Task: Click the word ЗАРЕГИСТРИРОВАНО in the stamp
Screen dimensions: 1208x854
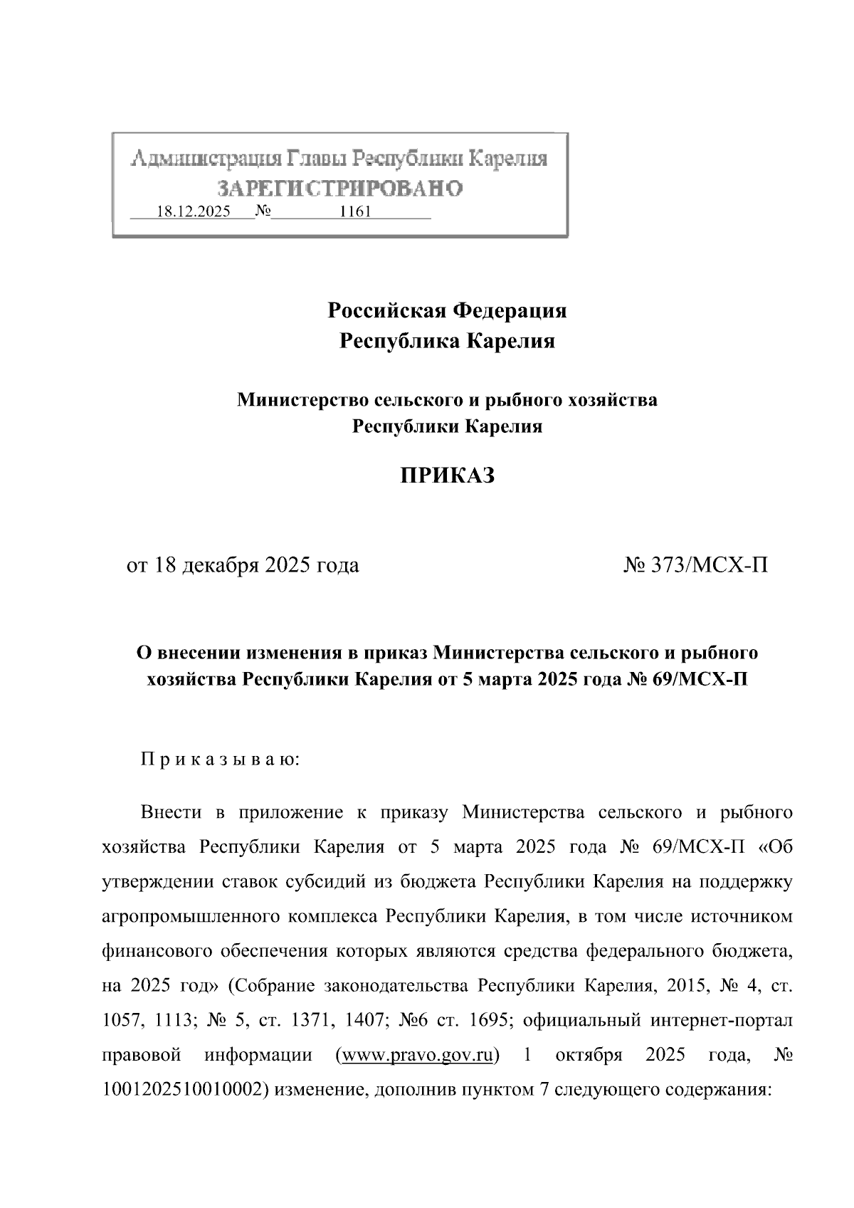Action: coord(340,188)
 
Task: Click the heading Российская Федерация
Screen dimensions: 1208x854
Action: coord(447,310)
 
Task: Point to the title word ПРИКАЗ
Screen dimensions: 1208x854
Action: coord(446,476)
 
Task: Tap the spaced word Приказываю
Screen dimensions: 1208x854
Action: coord(221,759)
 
